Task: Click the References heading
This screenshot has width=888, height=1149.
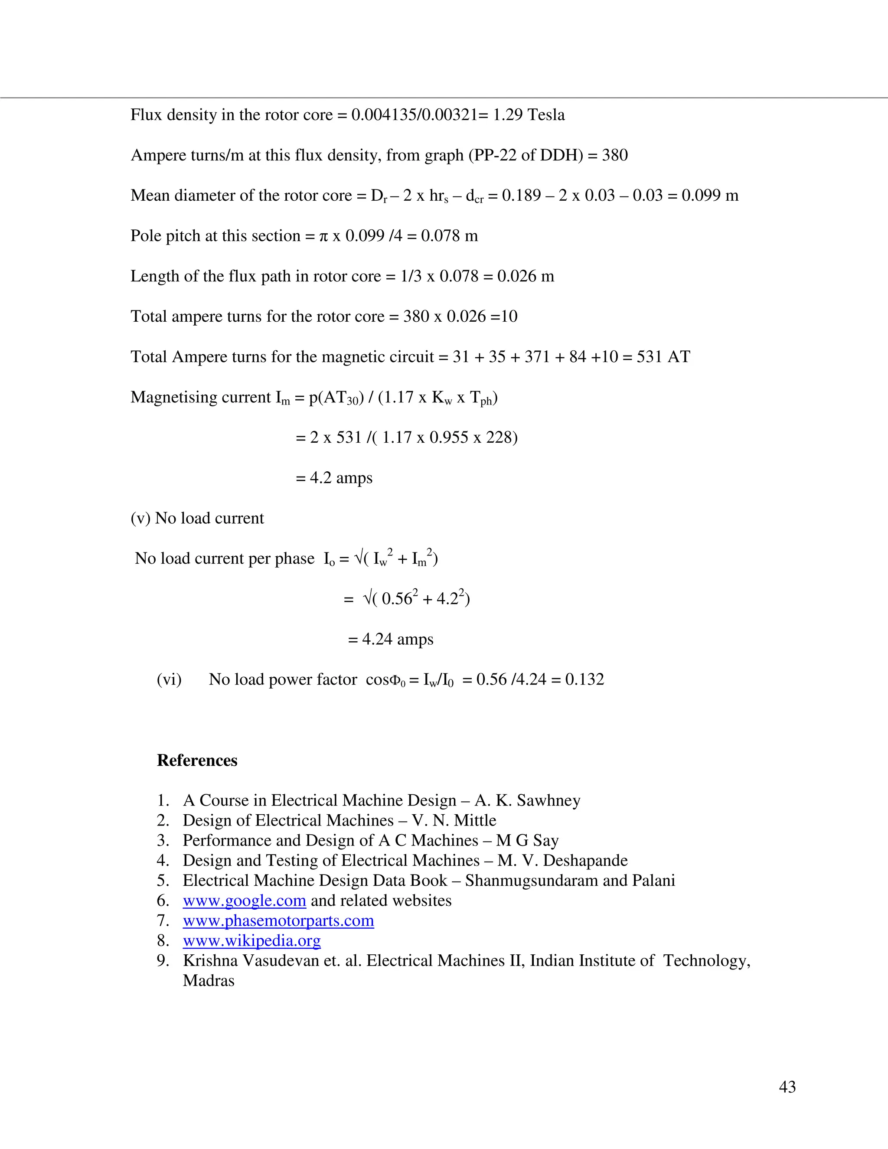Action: coord(197,760)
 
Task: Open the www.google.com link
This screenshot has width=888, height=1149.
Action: coord(244,900)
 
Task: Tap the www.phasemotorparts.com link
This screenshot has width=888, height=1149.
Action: coord(278,920)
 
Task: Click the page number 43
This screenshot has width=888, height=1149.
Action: coord(787,1087)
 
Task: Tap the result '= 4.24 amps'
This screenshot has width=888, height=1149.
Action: coord(390,639)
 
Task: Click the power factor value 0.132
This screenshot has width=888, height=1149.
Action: coord(584,679)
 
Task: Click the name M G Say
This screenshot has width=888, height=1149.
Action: coord(527,840)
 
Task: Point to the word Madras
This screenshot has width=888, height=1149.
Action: coord(208,980)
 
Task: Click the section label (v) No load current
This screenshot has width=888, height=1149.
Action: coord(197,518)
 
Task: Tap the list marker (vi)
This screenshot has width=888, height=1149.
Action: coord(169,679)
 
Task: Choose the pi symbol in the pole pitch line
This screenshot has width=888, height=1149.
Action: coord(323,236)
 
